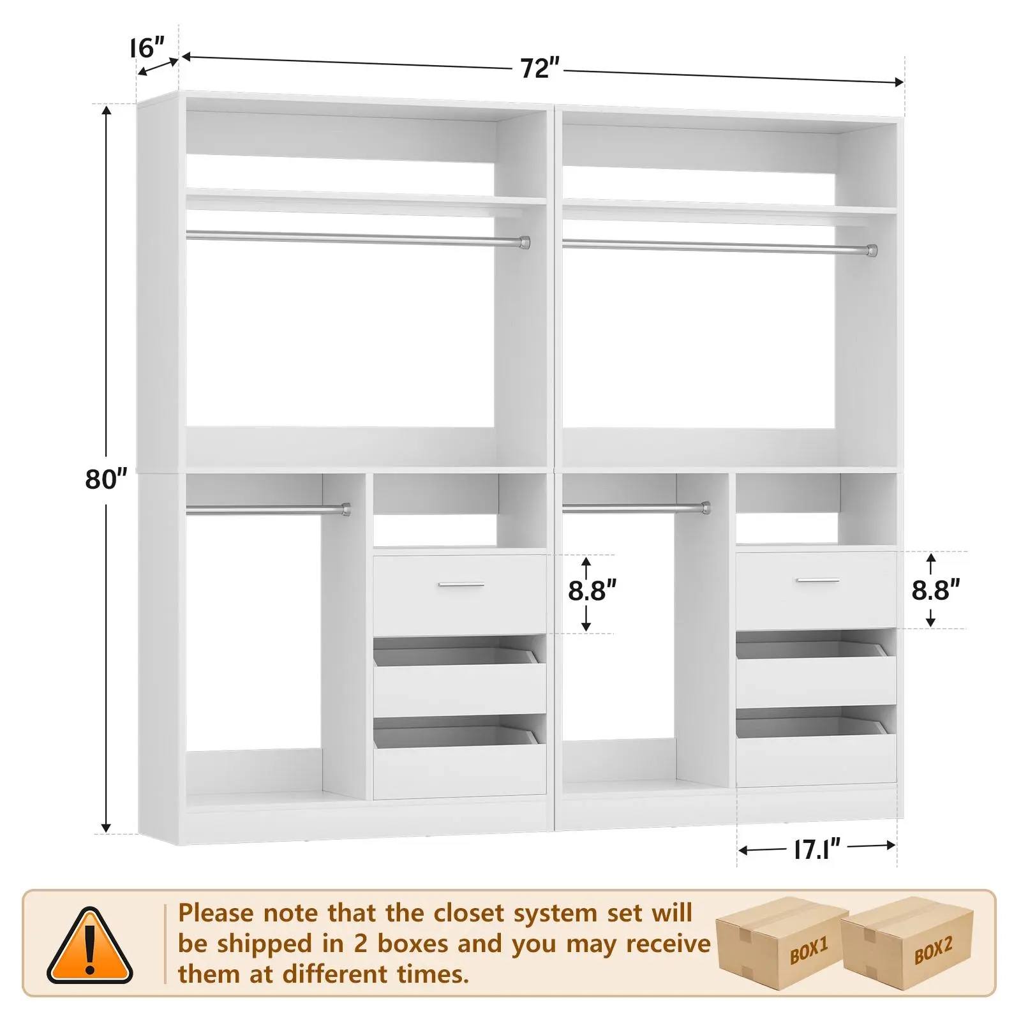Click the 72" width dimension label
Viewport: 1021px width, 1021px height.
click(x=540, y=68)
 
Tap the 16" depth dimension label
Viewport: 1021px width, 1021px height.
click(x=147, y=47)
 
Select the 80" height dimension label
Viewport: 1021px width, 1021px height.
click(x=106, y=479)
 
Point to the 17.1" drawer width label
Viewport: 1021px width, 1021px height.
click(x=817, y=849)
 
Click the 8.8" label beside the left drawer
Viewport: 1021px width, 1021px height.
click(x=592, y=591)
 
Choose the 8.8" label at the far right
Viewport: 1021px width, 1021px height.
click(x=935, y=590)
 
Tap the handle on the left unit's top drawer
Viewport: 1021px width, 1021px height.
click(x=461, y=585)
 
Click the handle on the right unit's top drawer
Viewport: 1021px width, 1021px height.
click(x=819, y=580)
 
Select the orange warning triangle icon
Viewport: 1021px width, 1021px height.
click(x=90, y=947)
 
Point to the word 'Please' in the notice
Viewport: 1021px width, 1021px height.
click(x=216, y=913)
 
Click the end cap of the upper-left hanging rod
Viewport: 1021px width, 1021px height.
click(x=525, y=242)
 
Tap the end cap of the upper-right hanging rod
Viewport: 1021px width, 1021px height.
click(x=872, y=250)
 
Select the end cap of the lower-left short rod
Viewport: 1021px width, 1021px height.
click(x=345, y=509)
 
